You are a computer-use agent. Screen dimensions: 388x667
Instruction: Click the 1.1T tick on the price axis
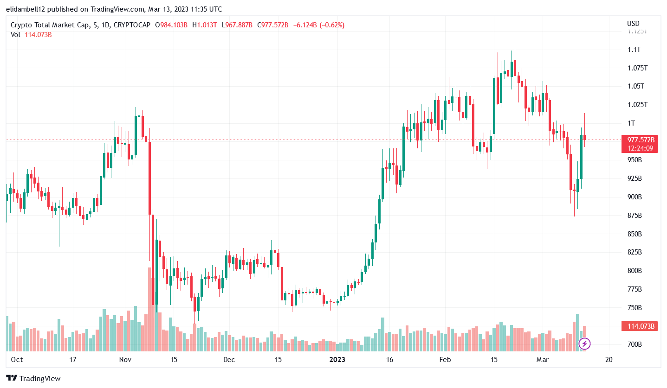point(634,50)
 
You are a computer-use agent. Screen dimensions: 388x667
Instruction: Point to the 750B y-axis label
point(634,308)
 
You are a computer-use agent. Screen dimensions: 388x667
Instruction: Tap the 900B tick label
point(634,197)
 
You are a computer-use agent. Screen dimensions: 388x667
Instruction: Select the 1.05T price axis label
point(634,86)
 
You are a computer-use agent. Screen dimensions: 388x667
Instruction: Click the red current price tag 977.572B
point(641,140)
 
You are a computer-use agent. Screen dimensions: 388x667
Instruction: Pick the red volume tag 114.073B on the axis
point(641,326)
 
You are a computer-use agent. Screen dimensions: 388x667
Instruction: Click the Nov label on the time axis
point(125,360)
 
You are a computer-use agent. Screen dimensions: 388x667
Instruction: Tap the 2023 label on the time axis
point(337,360)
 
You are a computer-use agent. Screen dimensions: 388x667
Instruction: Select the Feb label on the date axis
point(445,360)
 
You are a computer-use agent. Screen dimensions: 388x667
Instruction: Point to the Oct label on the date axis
point(17,360)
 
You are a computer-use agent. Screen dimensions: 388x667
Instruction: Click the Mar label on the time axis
point(542,360)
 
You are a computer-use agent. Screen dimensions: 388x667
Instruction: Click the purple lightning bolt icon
point(585,343)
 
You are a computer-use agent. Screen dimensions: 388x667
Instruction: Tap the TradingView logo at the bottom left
point(33,378)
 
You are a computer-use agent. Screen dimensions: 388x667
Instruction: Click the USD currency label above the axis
point(633,24)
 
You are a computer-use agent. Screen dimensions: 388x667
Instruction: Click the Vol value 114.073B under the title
point(38,34)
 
